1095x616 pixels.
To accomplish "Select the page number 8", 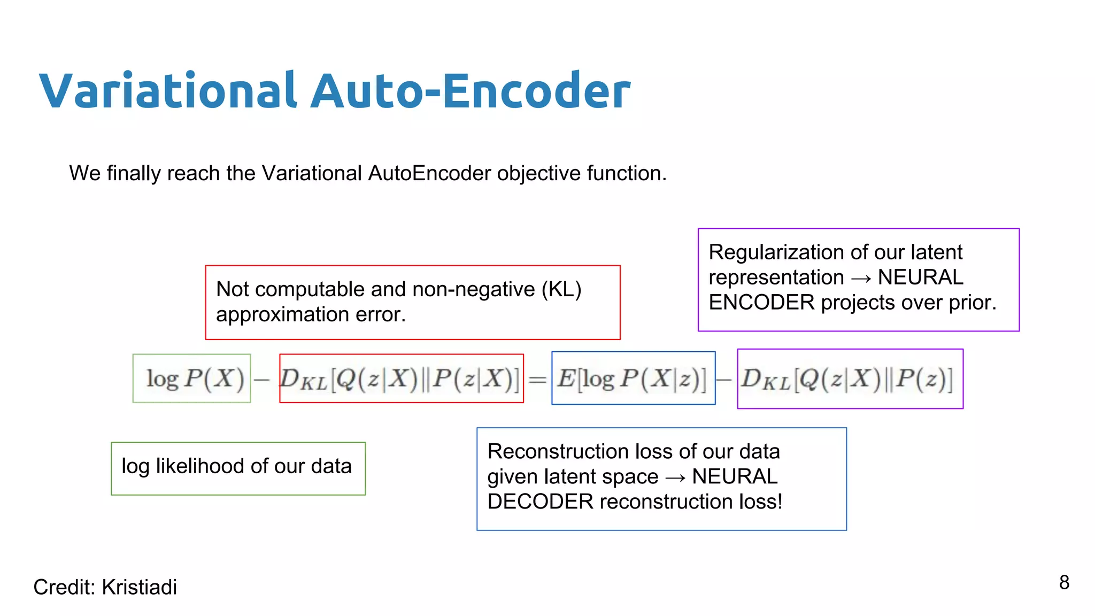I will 1064,582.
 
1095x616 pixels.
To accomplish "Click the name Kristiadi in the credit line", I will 139,587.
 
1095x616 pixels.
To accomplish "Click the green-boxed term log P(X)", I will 192,379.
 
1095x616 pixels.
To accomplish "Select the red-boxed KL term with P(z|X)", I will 401,379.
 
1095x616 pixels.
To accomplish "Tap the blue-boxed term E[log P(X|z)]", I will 633,379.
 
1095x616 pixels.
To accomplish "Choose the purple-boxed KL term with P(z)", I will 850,379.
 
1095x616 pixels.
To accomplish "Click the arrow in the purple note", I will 861,278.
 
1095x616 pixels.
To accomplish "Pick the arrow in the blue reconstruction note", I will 675,477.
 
